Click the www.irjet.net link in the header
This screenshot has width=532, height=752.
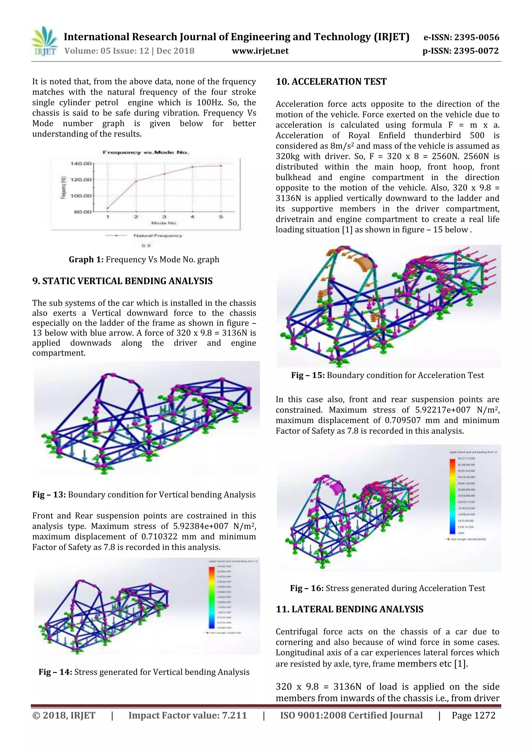[x=260, y=51]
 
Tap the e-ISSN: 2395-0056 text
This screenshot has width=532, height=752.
[x=461, y=37]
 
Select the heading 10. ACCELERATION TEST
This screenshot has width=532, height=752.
[x=331, y=82]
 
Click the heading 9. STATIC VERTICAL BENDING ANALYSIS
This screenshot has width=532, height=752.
[x=122, y=281]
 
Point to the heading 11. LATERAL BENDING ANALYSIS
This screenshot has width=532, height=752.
[x=349, y=609]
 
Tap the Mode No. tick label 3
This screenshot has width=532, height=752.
[x=164, y=217]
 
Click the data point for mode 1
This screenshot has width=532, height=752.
[x=108, y=208]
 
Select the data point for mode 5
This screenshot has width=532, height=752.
[x=221, y=166]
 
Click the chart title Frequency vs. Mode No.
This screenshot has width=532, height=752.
[x=145, y=152]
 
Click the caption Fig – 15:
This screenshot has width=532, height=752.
[x=308, y=375]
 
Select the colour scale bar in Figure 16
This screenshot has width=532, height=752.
[x=452, y=498]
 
